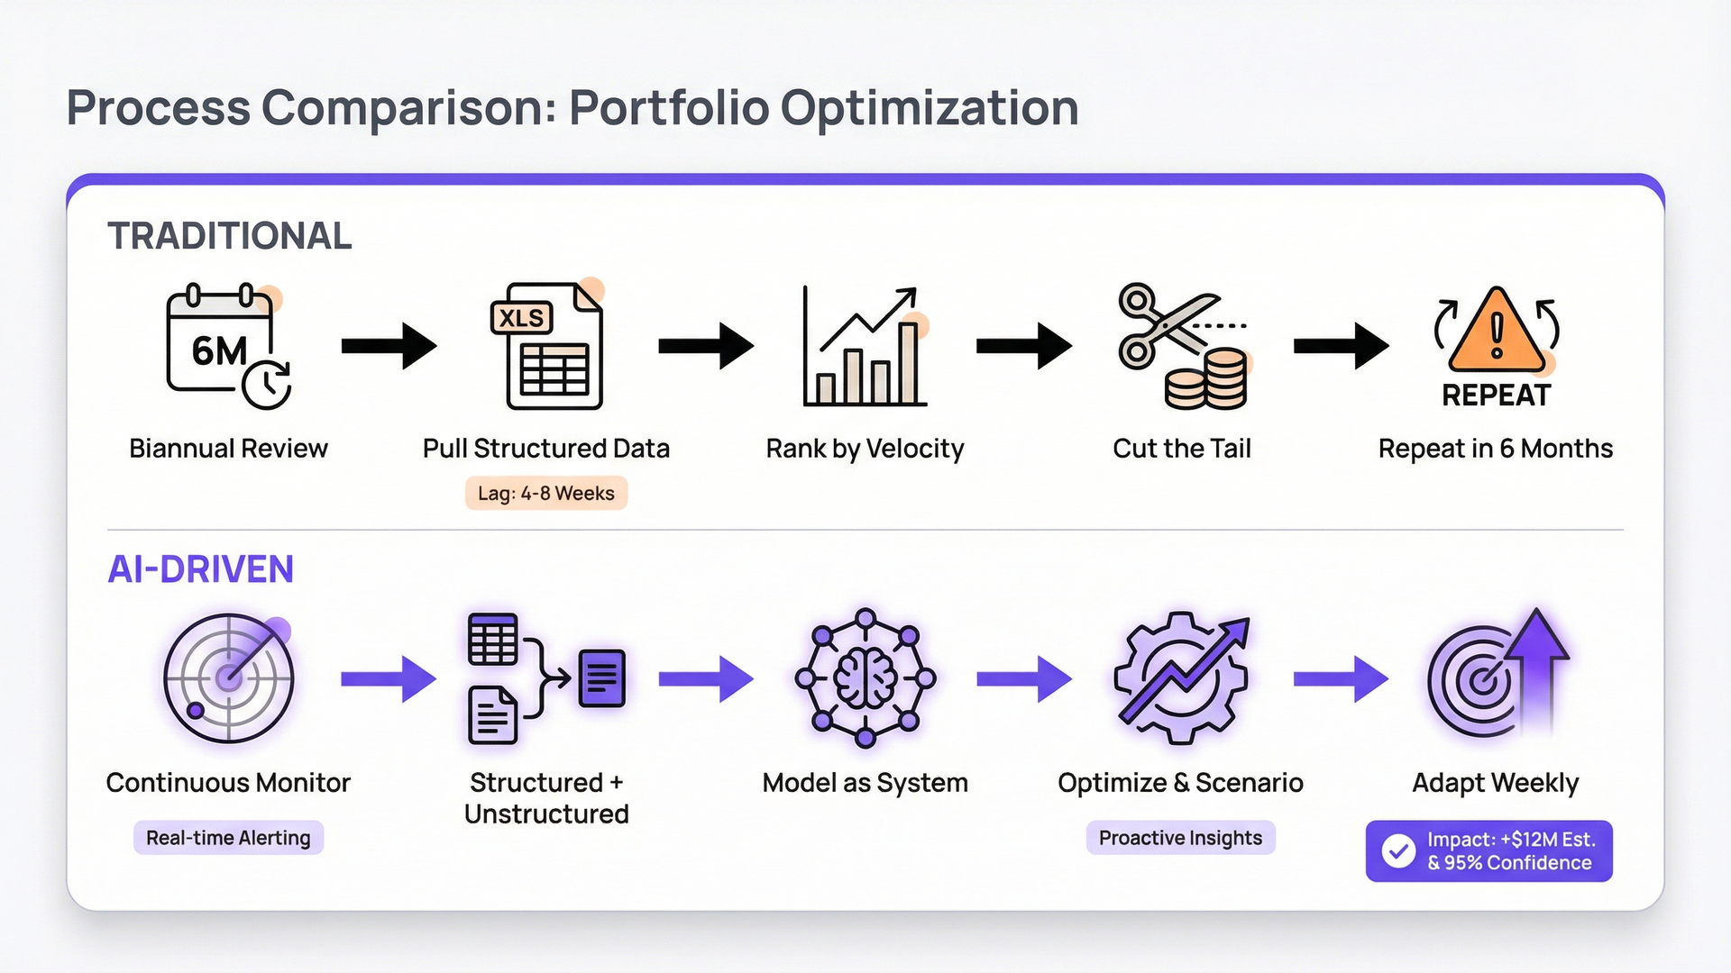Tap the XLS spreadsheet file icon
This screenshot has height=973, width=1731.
548,347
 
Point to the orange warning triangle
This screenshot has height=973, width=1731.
1497,333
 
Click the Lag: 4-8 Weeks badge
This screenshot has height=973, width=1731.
546,494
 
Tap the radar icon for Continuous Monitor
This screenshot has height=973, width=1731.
229,678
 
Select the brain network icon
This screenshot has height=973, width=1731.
865,677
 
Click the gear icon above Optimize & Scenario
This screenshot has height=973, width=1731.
1181,678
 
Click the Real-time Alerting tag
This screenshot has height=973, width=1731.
228,838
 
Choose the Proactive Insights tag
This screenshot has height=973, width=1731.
1180,838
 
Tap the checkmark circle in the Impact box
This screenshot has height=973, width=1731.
1398,851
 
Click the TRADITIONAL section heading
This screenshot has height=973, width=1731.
230,236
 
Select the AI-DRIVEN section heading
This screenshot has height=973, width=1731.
200,569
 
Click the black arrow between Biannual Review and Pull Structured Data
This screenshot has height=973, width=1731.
389,346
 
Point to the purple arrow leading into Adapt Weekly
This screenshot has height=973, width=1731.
1341,678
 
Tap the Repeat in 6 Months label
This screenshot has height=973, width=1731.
1495,449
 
